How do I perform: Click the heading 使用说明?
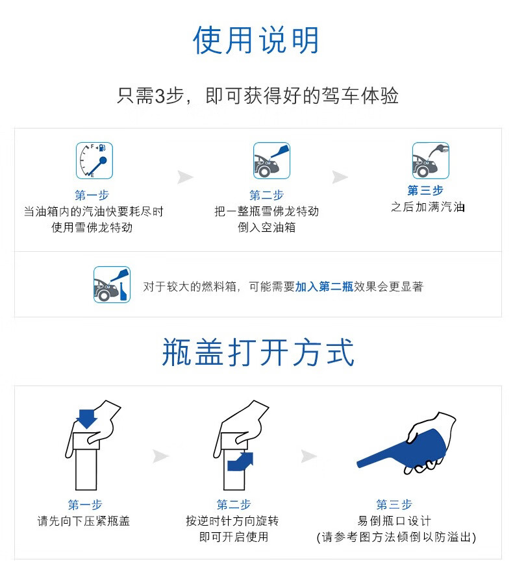(x=256, y=40)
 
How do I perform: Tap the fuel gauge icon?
(x=94, y=160)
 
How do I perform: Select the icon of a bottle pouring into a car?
(x=271, y=160)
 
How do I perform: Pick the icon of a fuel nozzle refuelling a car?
(x=431, y=160)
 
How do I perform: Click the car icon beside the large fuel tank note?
(x=112, y=285)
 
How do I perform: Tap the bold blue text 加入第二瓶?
(x=324, y=287)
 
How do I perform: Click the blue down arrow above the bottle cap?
(x=86, y=419)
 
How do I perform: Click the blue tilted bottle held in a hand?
(x=403, y=448)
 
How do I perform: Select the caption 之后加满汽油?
(x=428, y=206)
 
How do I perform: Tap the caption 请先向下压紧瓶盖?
(x=84, y=521)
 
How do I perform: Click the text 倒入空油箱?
(x=266, y=227)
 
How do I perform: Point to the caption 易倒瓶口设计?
(x=394, y=521)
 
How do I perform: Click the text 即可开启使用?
(x=233, y=537)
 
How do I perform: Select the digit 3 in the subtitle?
(x=160, y=96)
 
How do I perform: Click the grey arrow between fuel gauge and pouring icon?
(x=185, y=177)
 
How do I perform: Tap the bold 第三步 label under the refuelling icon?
(x=425, y=191)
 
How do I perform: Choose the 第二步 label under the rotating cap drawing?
(x=233, y=505)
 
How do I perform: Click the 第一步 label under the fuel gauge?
(x=92, y=195)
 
